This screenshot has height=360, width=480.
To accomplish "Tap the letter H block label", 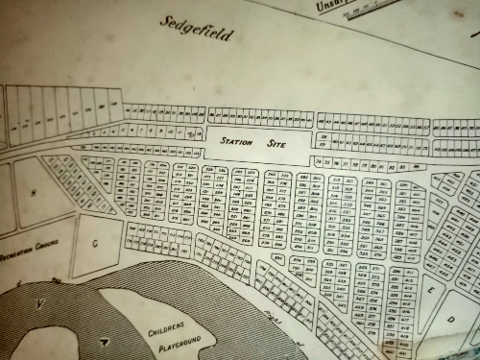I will (x=35, y=192).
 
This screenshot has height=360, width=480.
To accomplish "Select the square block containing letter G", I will (x=96, y=244).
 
